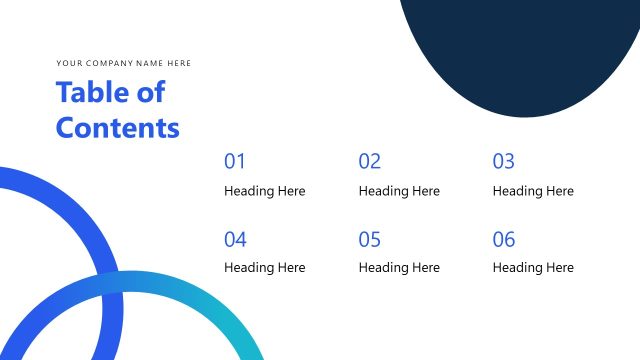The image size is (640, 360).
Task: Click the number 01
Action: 235,161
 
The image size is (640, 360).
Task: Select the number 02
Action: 370,161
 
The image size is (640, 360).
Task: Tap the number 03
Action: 504,161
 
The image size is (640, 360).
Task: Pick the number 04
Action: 235,239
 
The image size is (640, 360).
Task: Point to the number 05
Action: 370,239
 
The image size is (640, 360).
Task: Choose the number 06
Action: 504,239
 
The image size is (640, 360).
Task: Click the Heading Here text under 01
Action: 264,191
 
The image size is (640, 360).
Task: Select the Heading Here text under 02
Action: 399,191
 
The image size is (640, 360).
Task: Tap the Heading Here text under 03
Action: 533,191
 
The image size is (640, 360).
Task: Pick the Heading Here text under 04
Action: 264,268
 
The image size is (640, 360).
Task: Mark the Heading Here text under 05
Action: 399,268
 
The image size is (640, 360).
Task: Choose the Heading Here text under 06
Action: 533,268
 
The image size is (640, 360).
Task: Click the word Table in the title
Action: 89,93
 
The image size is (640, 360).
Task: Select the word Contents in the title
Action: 118,128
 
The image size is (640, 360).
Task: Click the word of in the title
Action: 150,93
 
